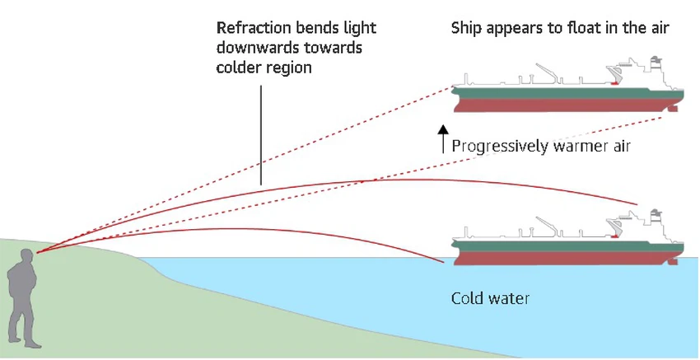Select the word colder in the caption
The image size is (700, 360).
coord(239,68)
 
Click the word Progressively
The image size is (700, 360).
coord(500,147)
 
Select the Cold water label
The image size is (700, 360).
coord(490,298)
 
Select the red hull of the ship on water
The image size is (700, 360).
coord(560,255)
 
